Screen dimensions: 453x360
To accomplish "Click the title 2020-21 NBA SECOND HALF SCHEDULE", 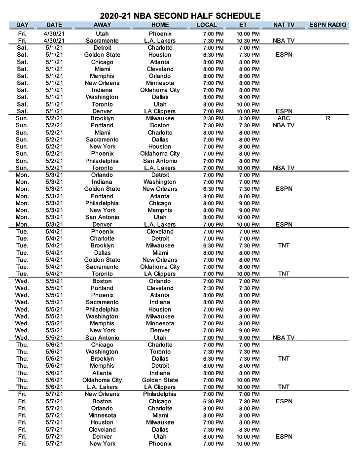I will (x=180, y=16).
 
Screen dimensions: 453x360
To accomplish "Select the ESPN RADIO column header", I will (x=327, y=25).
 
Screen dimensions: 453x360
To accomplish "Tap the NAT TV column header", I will (x=284, y=25).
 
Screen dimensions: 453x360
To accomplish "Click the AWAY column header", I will (x=102, y=25).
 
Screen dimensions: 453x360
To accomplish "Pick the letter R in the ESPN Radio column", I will (x=328, y=118).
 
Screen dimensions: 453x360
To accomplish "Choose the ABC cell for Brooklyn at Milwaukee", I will (x=284, y=118).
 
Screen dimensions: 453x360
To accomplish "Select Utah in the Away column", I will (x=102, y=33).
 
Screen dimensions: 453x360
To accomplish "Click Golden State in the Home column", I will (x=160, y=380).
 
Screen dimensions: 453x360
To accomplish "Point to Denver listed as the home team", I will (x=160, y=330).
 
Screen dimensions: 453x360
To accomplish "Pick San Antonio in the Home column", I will (x=160, y=161).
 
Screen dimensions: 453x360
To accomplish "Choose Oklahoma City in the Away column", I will (x=102, y=380).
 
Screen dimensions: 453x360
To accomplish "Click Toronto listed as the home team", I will (x=160, y=351).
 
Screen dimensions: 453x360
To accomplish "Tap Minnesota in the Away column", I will (x=102, y=415).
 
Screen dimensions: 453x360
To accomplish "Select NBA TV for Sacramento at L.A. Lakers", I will (x=284, y=40).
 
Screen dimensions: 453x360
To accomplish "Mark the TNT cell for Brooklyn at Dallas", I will (x=284, y=359).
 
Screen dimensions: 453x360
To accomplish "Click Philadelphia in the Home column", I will (x=160, y=394).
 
